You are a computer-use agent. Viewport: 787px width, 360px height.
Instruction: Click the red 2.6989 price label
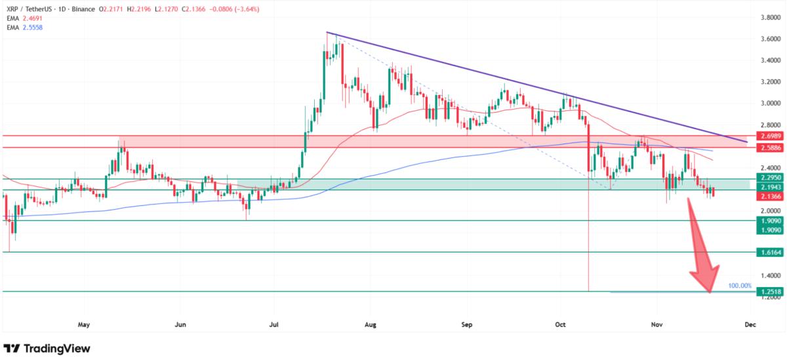[x=769, y=136]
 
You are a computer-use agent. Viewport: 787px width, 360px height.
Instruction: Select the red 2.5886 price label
[x=769, y=148]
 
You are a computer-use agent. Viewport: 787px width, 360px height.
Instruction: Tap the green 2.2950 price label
[x=769, y=178]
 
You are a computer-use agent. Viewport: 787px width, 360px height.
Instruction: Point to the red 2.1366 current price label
[x=769, y=197]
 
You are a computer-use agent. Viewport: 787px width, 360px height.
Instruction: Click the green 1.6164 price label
[x=769, y=252]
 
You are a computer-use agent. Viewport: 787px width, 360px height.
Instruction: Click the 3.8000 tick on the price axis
[x=769, y=17]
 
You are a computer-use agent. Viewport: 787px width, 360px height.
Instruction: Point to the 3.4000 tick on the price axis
[x=769, y=60]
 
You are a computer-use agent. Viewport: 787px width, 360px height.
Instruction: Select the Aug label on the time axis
[x=370, y=324]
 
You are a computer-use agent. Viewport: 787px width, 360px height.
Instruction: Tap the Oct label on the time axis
[x=560, y=324]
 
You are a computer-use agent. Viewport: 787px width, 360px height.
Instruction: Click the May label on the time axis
[x=83, y=324]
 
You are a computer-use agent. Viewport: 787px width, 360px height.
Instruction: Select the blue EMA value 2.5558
[x=33, y=31]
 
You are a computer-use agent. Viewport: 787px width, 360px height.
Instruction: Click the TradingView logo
[x=47, y=348]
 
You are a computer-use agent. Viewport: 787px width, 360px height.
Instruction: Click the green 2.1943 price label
[x=769, y=188]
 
